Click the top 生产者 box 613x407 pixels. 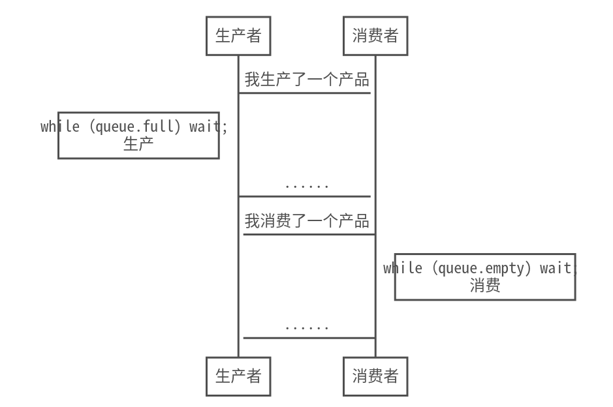coord(238,36)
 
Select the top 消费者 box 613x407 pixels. coord(375,36)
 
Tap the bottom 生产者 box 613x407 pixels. coord(238,376)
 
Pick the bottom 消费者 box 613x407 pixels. coord(375,376)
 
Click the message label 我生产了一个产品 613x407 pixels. coord(307,80)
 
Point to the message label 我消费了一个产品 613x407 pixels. coord(307,221)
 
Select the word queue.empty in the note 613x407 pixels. coord(482,268)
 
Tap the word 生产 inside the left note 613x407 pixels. coord(138,144)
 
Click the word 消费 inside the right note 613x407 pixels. coord(485,286)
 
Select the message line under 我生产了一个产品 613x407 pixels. coord(304,93)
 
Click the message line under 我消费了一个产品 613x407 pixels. coord(309,234)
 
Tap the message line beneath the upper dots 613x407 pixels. coord(304,196)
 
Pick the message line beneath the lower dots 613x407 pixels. coord(309,338)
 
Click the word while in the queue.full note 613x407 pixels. coord(60,127)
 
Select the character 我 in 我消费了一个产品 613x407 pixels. coord(252,221)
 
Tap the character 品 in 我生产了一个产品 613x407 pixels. coord(362,80)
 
